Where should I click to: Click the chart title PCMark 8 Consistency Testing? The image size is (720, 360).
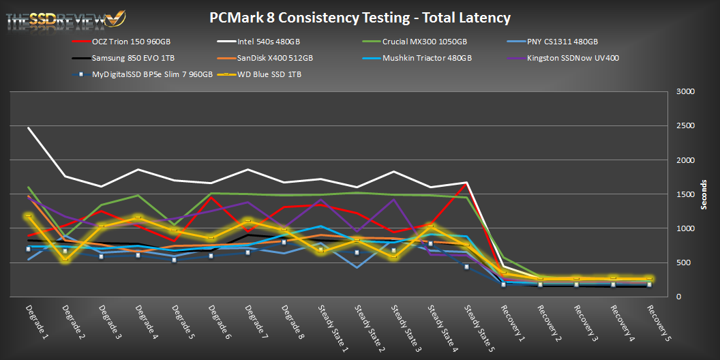(x=360, y=18)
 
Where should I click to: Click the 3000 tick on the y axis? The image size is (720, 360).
(x=685, y=92)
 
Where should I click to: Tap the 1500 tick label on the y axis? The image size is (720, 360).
(x=685, y=194)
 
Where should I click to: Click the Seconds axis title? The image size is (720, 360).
(x=706, y=194)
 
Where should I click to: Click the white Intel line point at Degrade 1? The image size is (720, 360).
(x=29, y=127)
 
